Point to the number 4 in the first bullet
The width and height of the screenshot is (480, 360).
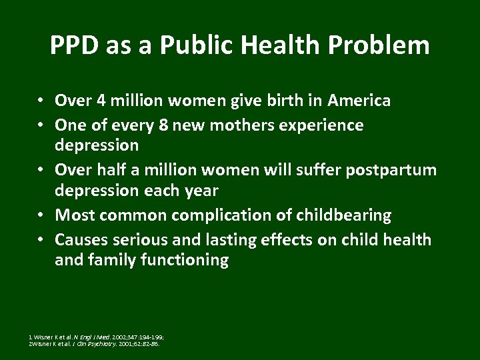tap(101, 101)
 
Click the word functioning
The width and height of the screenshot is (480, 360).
tap(184, 260)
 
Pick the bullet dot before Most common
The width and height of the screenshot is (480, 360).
tap(41, 215)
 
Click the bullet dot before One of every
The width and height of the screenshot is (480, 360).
tap(41, 125)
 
